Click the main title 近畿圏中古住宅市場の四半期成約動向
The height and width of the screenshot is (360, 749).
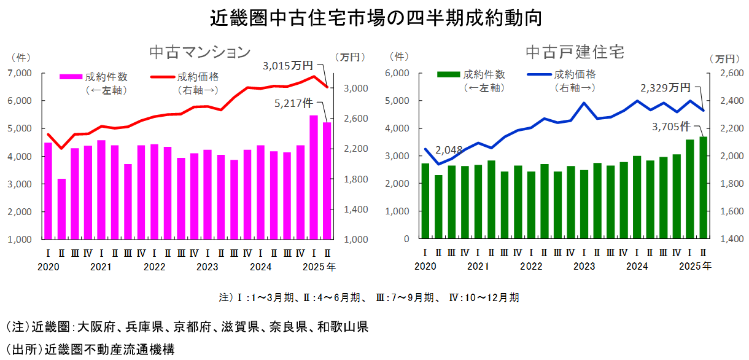[375, 17]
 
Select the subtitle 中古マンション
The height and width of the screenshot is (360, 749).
[200, 52]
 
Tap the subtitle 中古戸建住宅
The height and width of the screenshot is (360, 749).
[575, 52]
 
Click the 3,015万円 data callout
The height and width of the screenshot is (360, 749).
[288, 65]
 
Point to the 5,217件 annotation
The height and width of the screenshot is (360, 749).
[295, 103]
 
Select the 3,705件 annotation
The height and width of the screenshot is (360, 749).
[672, 127]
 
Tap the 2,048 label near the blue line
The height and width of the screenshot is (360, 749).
[448, 149]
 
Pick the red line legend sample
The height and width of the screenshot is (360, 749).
[162, 77]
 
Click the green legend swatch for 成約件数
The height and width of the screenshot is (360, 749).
[448, 74]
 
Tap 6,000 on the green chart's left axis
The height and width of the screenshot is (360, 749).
[398, 73]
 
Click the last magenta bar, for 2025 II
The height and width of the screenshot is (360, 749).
[327, 181]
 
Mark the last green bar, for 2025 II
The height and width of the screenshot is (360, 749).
[703, 187]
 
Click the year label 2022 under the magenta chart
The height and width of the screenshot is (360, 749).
[155, 267]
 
